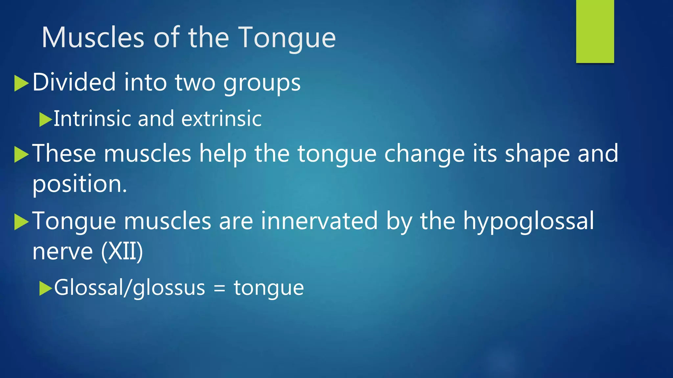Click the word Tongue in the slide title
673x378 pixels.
click(287, 38)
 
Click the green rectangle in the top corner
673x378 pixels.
click(595, 31)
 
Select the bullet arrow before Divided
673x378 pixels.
click(22, 83)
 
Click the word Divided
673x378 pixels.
click(74, 82)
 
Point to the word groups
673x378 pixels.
click(262, 83)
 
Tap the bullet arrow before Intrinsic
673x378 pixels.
click(45, 119)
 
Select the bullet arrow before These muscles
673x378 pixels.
click(22, 155)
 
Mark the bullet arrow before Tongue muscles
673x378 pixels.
click(22, 222)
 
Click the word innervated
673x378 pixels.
click(319, 221)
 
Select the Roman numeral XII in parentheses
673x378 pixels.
click(122, 251)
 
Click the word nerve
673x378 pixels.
click(63, 252)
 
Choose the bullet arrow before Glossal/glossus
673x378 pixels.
click(45, 288)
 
